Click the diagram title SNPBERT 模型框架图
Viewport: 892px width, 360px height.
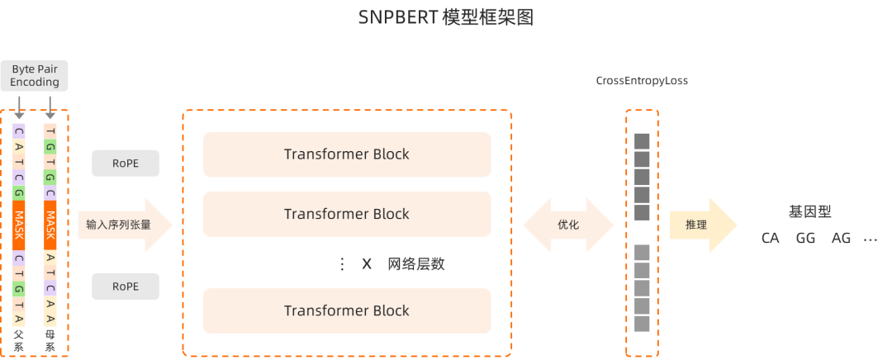point(446,17)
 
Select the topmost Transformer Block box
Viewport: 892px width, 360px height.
point(347,154)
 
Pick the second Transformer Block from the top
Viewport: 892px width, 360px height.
point(347,214)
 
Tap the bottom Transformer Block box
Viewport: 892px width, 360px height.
point(347,310)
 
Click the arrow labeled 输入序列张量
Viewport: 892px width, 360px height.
point(124,224)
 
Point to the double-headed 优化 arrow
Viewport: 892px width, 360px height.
point(569,225)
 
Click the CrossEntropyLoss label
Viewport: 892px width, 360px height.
point(642,82)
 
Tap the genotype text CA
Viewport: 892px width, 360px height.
point(771,238)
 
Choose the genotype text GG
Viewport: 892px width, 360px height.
point(806,238)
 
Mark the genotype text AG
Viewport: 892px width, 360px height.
point(841,238)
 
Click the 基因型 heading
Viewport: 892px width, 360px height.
point(809,212)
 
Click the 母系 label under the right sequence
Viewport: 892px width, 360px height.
point(50,341)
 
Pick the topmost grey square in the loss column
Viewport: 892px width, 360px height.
point(643,141)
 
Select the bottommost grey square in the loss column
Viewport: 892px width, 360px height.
point(643,324)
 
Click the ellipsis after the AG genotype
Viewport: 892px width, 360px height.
point(870,239)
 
